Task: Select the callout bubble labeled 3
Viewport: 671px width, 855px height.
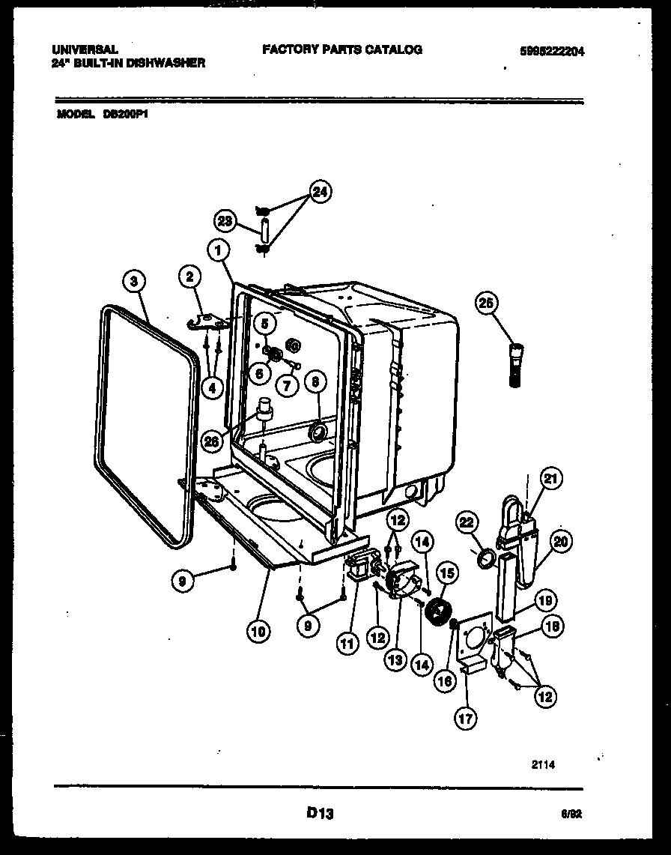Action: [x=133, y=282]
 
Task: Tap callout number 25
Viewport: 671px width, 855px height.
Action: [x=488, y=303]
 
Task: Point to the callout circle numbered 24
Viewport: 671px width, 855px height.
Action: [x=320, y=192]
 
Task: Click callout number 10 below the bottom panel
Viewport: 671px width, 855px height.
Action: [x=257, y=631]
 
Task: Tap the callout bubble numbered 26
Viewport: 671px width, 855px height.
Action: [x=212, y=441]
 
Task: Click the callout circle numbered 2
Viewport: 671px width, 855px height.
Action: [x=190, y=278]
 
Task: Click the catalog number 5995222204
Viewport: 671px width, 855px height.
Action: [x=552, y=52]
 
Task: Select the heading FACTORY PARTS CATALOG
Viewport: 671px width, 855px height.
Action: [x=342, y=50]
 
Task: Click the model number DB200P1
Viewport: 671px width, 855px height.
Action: [x=124, y=116]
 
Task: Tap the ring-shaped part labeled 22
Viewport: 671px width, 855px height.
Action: [x=485, y=558]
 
